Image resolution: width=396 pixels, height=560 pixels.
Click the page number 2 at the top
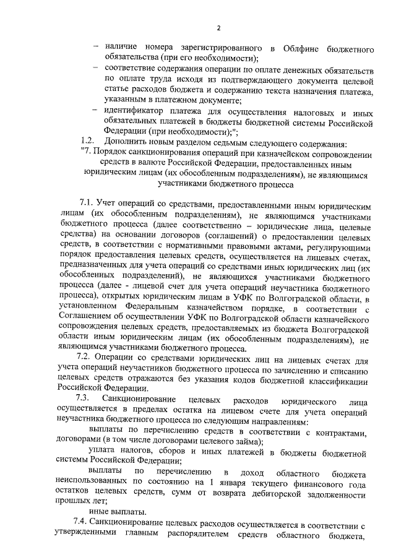(218, 27)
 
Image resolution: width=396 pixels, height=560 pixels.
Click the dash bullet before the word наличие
(96, 48)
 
